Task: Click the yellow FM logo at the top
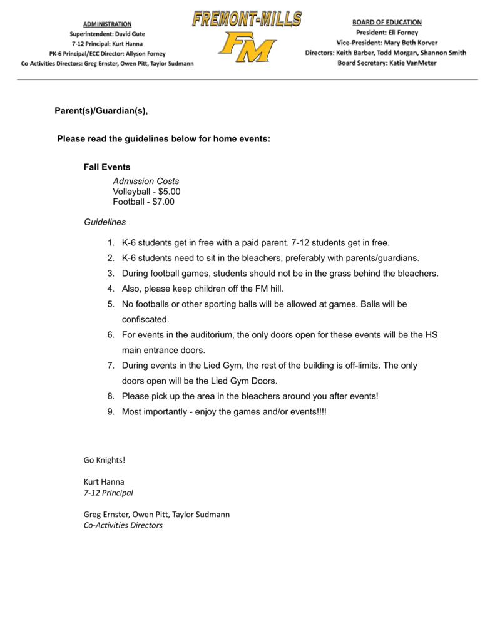click(247, 48)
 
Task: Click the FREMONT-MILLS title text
click(247, 19)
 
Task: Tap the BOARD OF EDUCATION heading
click(387, 22)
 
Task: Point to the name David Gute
click(131, 34)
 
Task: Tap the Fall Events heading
click(107, 167)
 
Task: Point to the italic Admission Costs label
click(146, 181)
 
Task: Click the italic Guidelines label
click(105, 222)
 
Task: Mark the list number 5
click(110, 304)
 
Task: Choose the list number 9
click(110, 411)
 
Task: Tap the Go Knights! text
click(105, 460)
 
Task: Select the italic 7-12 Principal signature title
click(108, 493)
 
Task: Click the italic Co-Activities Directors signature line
click(123, 525)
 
